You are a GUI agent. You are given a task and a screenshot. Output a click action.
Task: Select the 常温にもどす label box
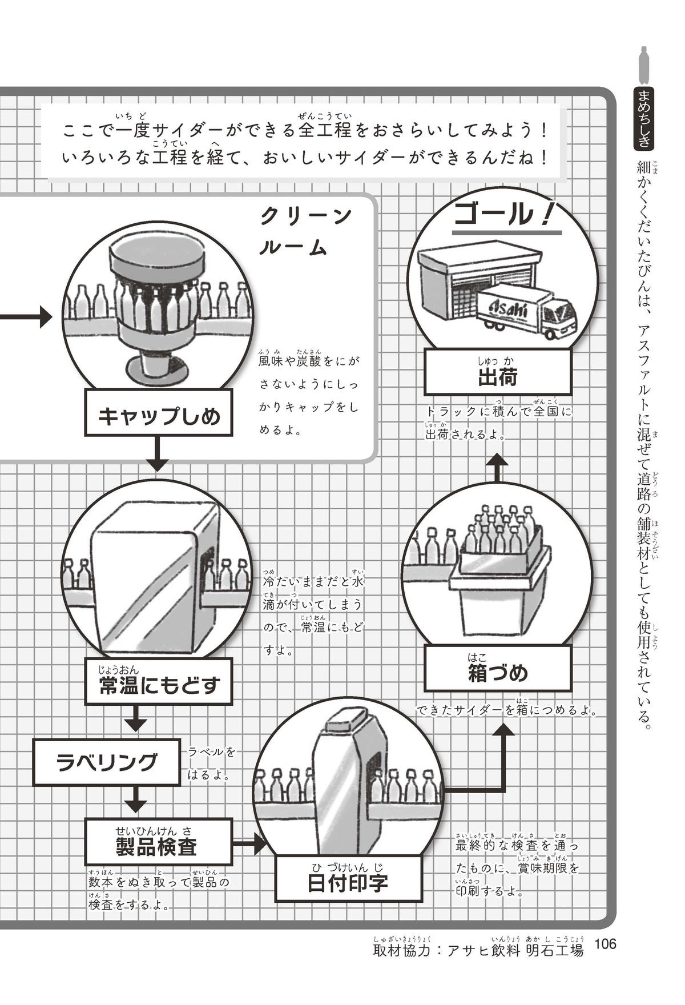coord(159,682)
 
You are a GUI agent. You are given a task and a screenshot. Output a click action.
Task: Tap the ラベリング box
coord(107,762)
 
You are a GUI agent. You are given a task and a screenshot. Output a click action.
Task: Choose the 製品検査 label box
coord(159,841)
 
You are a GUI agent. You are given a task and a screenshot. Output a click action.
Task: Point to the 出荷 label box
coord(497,372)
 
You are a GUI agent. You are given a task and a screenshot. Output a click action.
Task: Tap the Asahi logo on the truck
coord(510,309)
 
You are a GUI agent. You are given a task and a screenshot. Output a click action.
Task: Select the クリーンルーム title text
coord(305,231)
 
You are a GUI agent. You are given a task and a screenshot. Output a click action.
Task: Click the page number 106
coord(605,944)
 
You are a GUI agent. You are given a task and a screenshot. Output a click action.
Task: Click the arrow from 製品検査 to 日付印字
coord(251,842)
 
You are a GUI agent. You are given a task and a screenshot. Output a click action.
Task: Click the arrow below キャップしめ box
coord(158,454)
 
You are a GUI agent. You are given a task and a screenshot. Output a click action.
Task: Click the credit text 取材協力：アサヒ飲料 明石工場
coord(478,949)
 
